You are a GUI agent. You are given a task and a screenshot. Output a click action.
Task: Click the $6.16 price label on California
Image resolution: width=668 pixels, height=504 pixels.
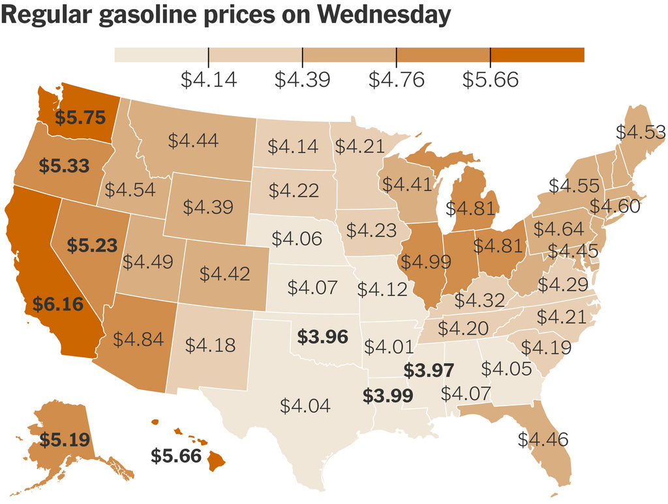58,304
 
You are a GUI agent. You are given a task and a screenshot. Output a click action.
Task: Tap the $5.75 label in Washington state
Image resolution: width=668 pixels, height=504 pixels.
80,117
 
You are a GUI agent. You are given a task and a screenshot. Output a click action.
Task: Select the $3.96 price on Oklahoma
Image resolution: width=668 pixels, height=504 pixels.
322,336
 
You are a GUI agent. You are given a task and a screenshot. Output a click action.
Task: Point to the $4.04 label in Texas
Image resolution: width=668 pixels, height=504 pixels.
305,406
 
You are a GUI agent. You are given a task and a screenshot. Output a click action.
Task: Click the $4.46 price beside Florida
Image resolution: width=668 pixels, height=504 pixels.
543,439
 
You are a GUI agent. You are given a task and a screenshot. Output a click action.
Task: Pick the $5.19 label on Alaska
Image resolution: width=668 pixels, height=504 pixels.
65,439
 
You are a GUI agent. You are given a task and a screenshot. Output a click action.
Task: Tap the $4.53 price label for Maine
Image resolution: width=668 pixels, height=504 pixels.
641,132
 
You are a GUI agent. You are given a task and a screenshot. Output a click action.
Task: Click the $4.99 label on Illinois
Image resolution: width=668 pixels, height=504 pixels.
426,261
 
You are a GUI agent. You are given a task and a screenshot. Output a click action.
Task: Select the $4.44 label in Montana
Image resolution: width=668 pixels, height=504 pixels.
193,140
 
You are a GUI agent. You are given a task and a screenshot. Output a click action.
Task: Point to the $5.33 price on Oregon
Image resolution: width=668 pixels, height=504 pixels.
64,166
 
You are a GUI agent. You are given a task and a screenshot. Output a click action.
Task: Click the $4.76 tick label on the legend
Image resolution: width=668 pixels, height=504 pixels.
396,80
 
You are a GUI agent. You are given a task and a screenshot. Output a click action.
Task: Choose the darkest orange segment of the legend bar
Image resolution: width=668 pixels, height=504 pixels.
538,55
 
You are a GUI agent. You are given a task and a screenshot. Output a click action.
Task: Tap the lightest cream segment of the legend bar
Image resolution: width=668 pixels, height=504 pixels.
161,55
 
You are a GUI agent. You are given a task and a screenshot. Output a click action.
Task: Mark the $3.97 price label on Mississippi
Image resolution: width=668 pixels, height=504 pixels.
429,370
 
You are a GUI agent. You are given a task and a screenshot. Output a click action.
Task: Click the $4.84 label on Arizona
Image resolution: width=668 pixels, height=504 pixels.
138,339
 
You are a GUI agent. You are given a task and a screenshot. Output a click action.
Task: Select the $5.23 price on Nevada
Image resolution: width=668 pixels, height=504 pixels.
92,246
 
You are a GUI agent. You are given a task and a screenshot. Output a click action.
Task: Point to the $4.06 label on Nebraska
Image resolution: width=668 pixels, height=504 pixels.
297,239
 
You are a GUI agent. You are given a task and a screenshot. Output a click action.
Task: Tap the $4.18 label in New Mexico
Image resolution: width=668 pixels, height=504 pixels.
210,345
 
